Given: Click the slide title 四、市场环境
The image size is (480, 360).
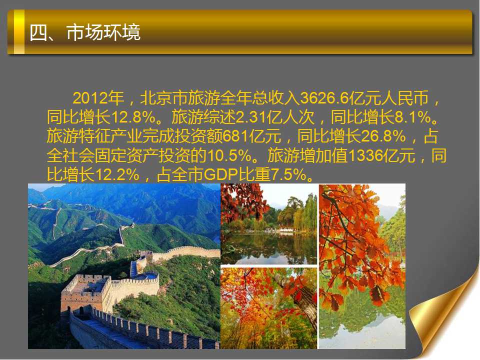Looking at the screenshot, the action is pos(85,32).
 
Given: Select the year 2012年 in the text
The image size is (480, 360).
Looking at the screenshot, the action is pos(98,98).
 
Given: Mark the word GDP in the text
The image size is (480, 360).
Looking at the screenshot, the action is pos(220,175).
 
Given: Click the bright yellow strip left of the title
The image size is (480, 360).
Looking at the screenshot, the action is pos(19,32).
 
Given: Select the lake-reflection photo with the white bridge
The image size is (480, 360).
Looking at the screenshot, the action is pos(269,224).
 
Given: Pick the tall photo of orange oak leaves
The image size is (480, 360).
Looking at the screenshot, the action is pos(362,266).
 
